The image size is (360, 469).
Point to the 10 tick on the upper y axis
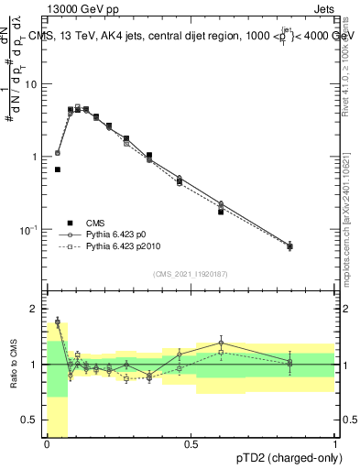click(x=35, y=84)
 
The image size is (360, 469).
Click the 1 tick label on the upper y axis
click(x=38, y=157)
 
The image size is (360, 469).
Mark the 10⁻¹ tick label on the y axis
click(x=32, y=229)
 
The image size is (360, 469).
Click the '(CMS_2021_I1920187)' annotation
click(x=191, y=275)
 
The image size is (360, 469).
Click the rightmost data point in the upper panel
click(x=289, y=245)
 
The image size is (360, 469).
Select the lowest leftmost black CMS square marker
click(x=58, y=169)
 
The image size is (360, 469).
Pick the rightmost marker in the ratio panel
click(x=289, y=364)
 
